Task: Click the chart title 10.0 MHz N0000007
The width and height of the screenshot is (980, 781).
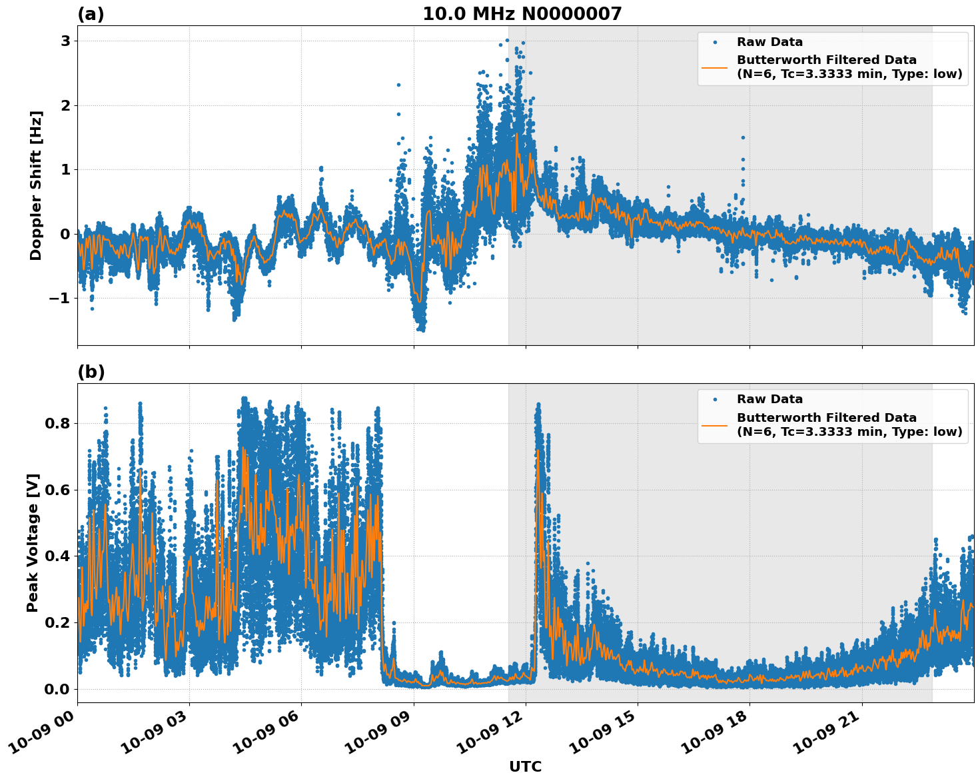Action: click(x=522, y=14)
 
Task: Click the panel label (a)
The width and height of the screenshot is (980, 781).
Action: click(x=91, y=14)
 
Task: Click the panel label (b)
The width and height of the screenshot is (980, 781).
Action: click(x=91, y=372)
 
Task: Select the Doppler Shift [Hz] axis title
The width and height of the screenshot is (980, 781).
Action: click(x=36, y=185)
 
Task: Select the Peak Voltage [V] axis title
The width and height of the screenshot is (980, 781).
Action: click(x=33, y=542)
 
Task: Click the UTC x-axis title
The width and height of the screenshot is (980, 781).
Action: click(x=525, y=766)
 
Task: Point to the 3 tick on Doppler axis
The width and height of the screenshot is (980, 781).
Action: click(x=65, y=41)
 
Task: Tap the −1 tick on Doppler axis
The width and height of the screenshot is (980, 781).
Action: click(x=59, y=298)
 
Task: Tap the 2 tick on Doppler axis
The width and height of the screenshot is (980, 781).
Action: click(x=65, y=105)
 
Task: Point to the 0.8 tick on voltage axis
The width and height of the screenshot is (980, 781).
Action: click(x=57, y=423)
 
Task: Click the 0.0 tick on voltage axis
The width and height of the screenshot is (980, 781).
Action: click(x=57, y=689)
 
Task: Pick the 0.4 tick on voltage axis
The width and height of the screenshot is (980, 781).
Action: click(x=57, y=556)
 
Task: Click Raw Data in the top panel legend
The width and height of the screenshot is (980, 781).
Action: click(x=769, y=42)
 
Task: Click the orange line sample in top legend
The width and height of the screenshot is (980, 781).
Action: click(x=714, y=67)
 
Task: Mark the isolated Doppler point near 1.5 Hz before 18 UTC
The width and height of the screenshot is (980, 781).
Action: click(x=743, y=137)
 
